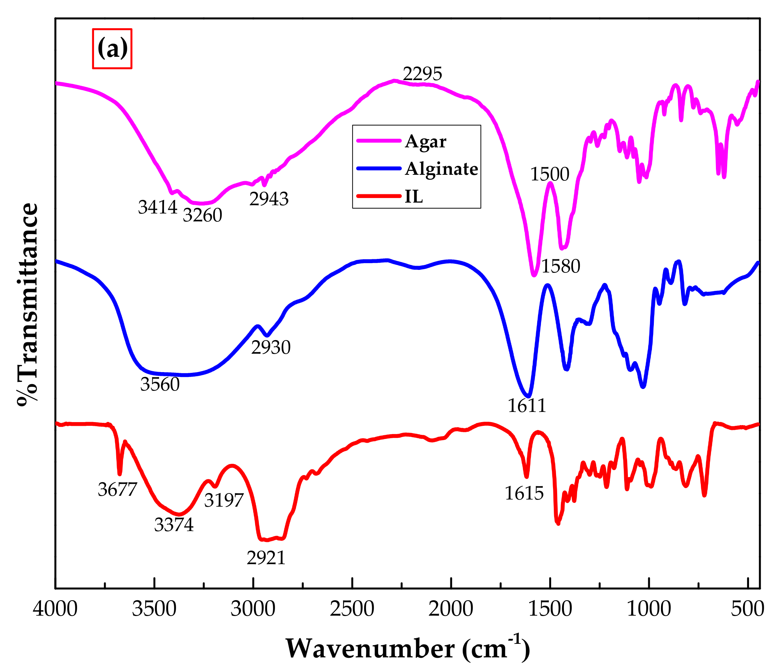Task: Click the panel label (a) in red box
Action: [112, 49]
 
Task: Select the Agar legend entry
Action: [425, 141]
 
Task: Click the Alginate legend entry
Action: [441, 169]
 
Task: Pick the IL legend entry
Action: [413, 196]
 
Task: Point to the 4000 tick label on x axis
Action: [55, 609]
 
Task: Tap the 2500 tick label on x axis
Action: [352, 609]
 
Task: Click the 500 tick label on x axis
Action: [748, 609]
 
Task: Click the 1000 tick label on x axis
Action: [649, 609]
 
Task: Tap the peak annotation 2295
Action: [422, 74]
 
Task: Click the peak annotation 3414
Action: [157, 207]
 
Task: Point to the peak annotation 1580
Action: [561, 266]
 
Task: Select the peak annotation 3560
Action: [160, 384]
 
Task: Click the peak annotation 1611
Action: [527, 406]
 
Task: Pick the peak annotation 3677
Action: [117, 489]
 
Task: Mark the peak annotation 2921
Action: [266, 558]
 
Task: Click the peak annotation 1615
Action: [524, 493]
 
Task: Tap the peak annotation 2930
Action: [270, 347]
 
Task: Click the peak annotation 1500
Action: [549, 174]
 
